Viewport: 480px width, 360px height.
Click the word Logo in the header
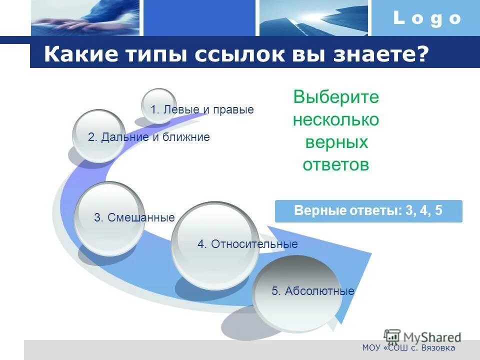point(426,19)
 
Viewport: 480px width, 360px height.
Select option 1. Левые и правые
point(202,109)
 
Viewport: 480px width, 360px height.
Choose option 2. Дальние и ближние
point(149,137)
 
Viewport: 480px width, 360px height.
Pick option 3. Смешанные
point(134,217)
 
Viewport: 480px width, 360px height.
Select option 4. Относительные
point(247,244)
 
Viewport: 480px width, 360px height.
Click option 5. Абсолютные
point(312,291)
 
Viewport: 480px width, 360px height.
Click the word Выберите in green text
point(336,97)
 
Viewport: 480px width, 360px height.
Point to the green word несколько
point(336,120)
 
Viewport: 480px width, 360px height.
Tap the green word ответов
point(336,165)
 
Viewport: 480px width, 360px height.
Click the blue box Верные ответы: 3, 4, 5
point(368,211)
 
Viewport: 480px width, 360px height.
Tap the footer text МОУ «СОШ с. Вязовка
point(408,348)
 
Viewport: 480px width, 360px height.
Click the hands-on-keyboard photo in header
point(85,18)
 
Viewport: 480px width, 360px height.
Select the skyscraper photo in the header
point(313,18)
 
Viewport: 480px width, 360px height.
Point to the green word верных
point(336,142)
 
